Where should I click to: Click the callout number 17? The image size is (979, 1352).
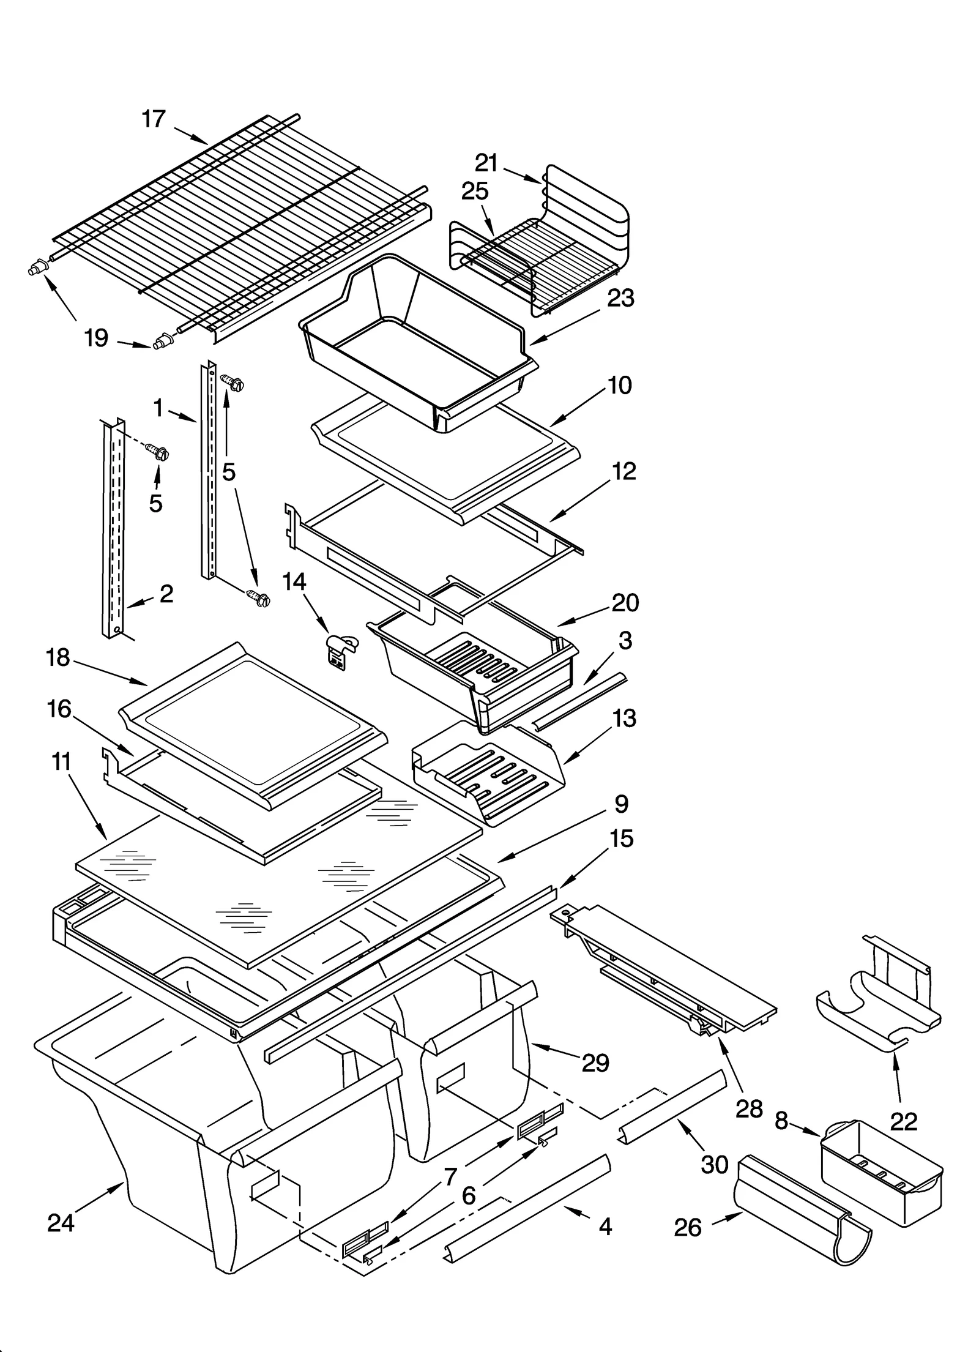154,119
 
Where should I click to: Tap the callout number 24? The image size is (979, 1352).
61,1222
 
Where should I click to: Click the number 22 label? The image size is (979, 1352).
904,1121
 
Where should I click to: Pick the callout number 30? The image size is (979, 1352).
714,1164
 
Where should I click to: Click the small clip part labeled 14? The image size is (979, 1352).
340,651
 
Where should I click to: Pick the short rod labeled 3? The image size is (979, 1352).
578,700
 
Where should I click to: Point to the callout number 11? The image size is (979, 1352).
62,762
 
